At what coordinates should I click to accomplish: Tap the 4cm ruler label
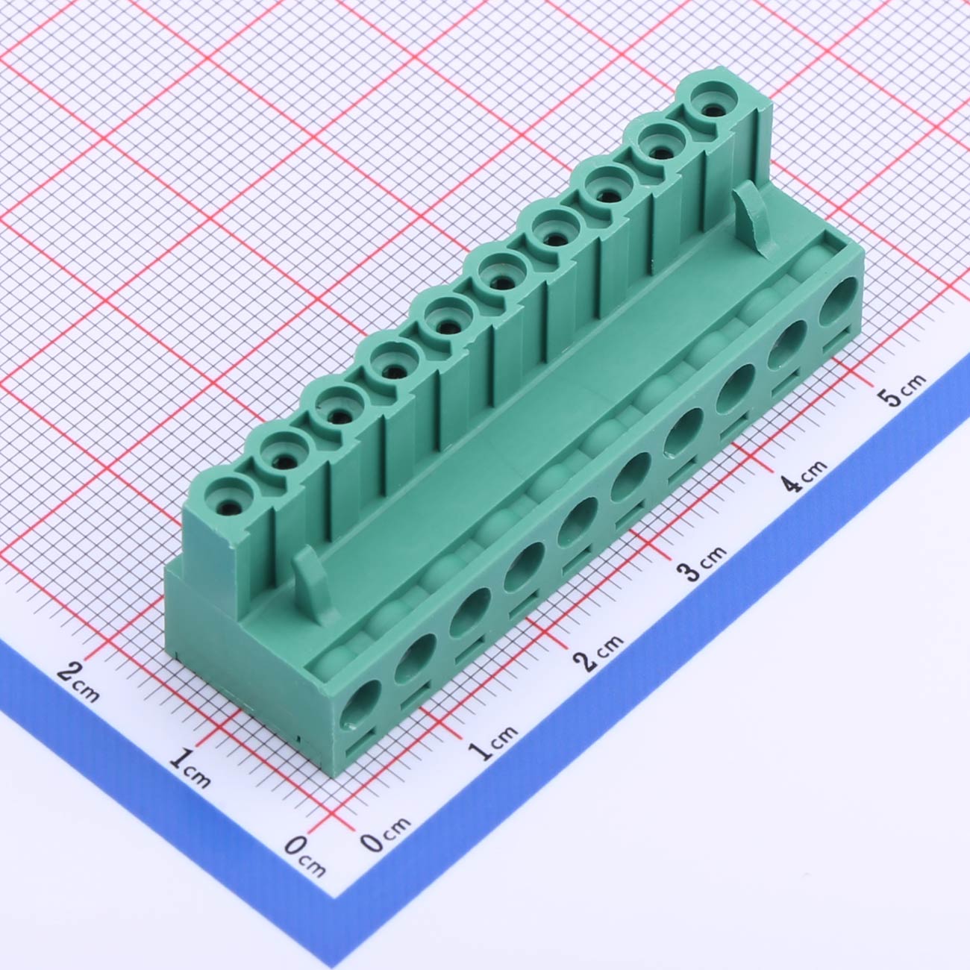(804, 475)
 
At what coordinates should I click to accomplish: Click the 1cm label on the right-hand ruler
(492, 742)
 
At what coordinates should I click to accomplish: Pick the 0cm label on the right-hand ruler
(386, 833)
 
